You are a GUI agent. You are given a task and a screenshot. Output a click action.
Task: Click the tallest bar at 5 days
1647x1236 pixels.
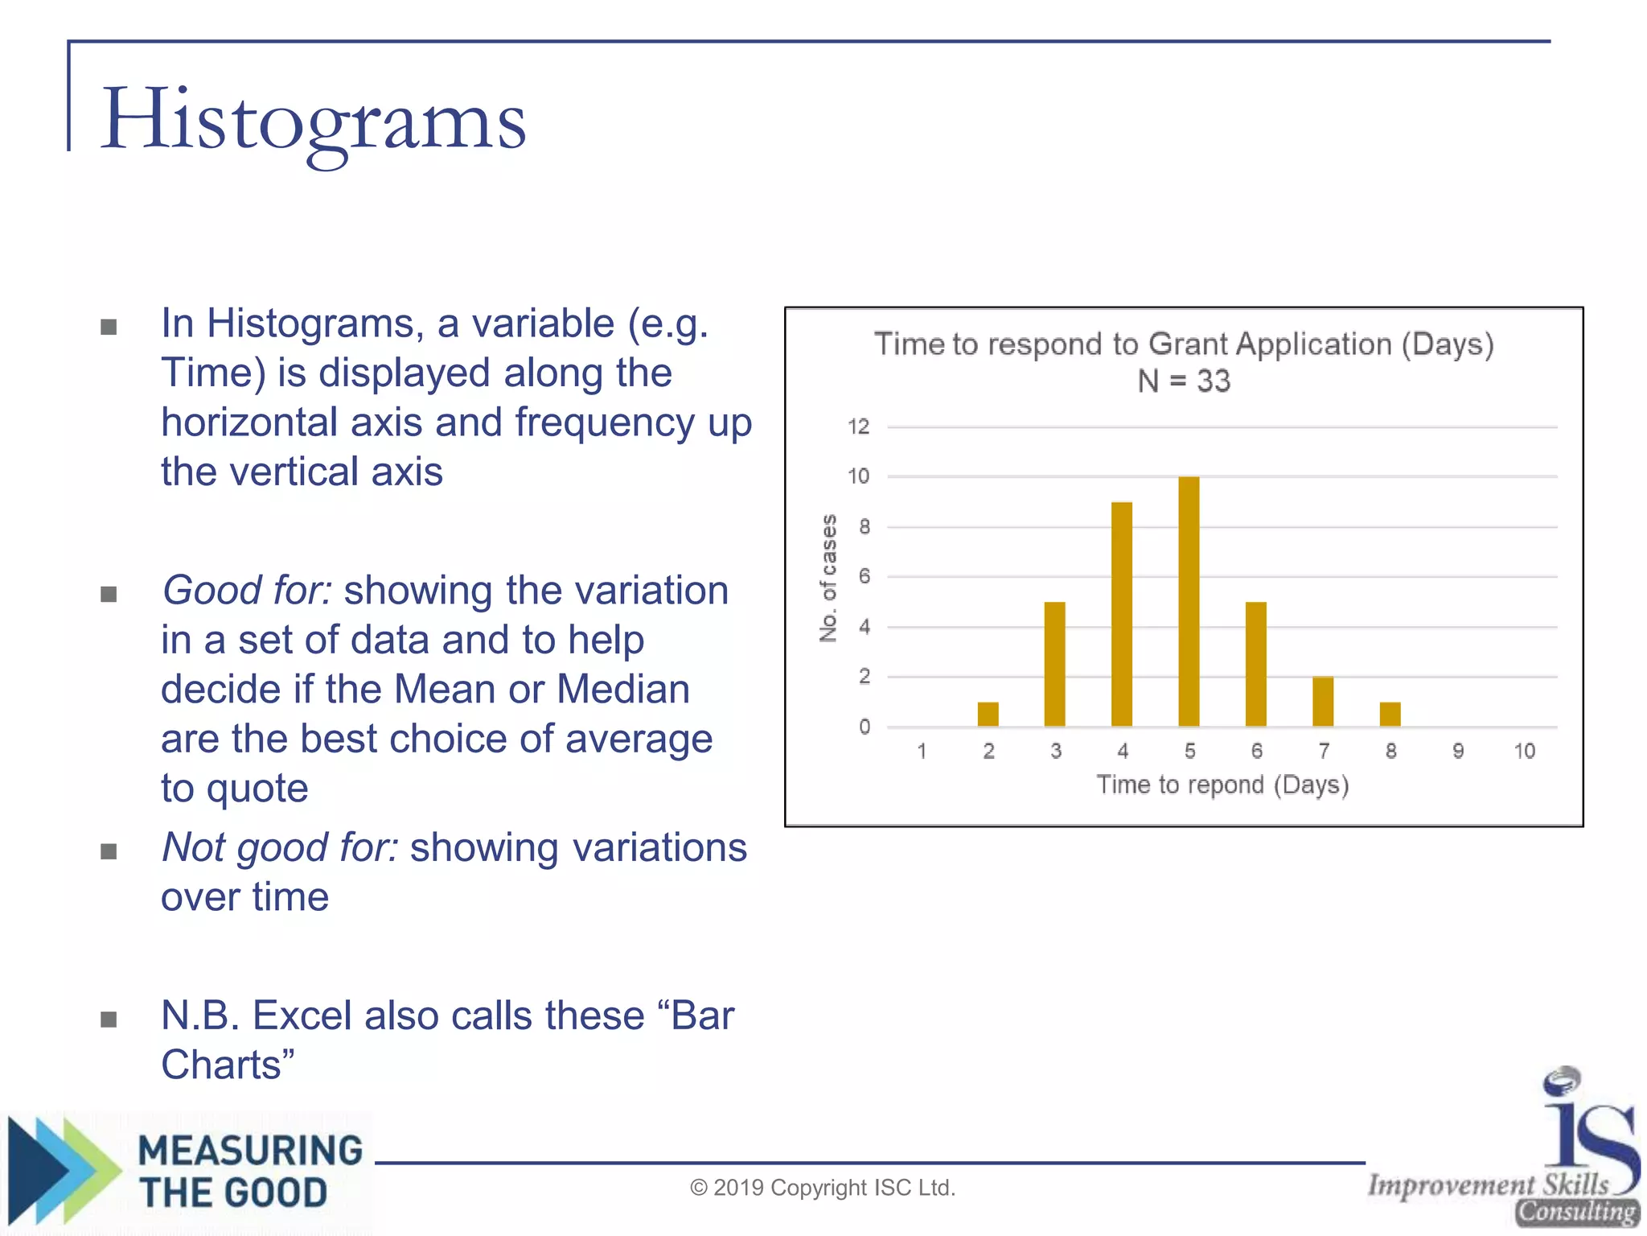(x=1189, y=602)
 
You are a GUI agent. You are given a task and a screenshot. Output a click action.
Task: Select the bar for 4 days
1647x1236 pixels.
(x=1122, y=615)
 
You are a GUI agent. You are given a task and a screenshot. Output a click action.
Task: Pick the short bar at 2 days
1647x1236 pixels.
(x=988, y=715)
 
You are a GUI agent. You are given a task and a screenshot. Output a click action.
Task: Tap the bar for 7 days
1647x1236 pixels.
(x=1323, y=702)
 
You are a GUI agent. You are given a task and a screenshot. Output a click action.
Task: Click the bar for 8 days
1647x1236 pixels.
(x=1390, y=715)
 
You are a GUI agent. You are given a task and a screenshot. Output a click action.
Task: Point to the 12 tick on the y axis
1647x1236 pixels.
(x=859, y=426)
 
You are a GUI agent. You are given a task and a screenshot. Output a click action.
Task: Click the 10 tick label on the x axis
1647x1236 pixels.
(x=1524, y=752)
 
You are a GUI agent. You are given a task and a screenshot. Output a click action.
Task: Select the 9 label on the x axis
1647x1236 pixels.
(x=1458, y=752)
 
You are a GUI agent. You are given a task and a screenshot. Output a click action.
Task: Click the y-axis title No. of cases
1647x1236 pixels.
(x=828, y=578)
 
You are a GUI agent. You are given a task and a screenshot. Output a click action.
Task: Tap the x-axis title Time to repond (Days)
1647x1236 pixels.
(x=1222, y=785)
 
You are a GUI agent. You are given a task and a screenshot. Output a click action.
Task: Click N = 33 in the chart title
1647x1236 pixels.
(x=1184, y=381)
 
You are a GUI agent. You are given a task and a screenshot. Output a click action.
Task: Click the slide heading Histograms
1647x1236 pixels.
(x=314, y=121)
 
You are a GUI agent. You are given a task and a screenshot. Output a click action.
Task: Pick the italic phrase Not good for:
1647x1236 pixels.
(x=280, y=847)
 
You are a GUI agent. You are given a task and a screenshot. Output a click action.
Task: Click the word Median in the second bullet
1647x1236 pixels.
(x=623, y=690)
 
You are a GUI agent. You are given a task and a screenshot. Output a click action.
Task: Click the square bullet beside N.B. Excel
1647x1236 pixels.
(x=109, y=1020)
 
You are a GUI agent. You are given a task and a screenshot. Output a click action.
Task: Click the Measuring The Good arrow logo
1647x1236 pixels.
(x=64, y=1171)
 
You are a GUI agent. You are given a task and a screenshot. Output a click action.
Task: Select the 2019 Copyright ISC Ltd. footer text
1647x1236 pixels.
(x=823, y=1188)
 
